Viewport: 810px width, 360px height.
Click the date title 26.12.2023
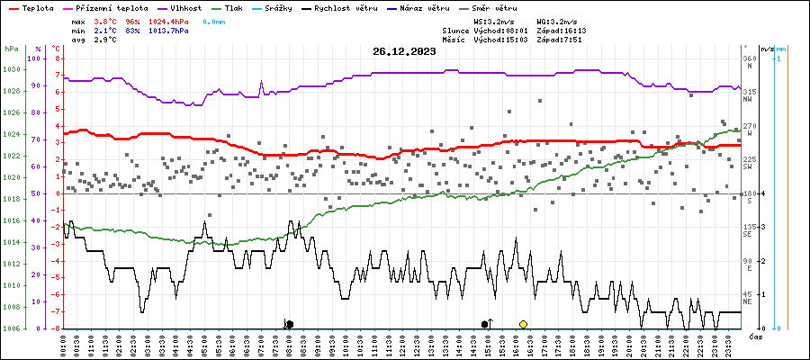click(x=404, y=51)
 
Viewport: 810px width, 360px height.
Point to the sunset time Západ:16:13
click(x=562, y=30)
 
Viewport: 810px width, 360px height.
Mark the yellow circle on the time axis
click(x=523, y=324)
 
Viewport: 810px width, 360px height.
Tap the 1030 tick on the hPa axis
click(x=12, y=69)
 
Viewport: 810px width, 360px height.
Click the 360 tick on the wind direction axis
click(x=749, y=58)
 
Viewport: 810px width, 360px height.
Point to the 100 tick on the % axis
click(x=34, y=58)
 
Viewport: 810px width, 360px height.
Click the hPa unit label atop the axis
click(x=11, y=48)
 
